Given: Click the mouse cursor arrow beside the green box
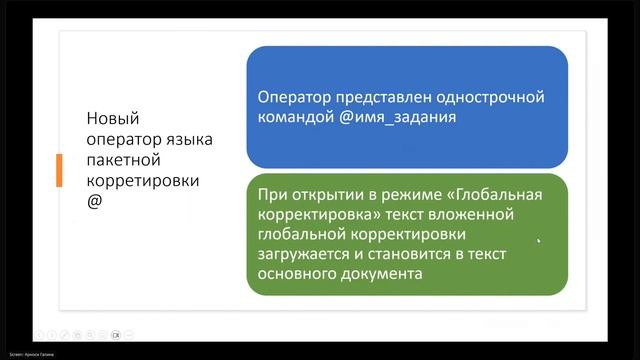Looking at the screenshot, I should [x=540, y=240].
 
